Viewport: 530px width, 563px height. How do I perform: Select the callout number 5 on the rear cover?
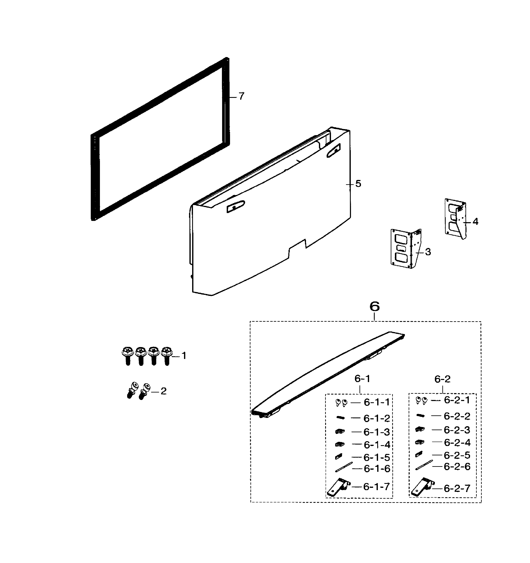pos(358,184)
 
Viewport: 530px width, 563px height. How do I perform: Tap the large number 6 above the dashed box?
pos(374,306)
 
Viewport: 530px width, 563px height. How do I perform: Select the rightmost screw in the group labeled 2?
pos(145,391)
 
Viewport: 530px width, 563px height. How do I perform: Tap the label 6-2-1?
pos(457,400)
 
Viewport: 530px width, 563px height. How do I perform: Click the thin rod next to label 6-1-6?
pos(344,467)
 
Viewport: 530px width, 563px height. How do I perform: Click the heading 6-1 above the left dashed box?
pos(362,379)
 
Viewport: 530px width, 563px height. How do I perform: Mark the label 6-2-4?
pos(457,442)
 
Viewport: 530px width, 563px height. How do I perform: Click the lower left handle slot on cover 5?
pos(235,207)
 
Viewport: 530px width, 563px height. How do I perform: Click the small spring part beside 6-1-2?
pos(340,418)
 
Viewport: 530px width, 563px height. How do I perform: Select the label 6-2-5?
pos(457,455)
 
